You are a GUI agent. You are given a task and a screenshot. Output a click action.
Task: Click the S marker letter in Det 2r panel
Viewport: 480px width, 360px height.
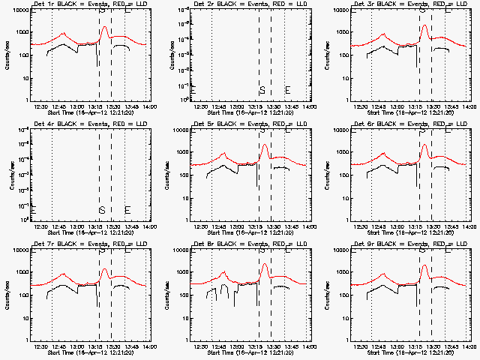(262, 90)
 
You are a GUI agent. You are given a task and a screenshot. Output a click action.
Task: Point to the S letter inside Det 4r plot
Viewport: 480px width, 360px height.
(101, 209)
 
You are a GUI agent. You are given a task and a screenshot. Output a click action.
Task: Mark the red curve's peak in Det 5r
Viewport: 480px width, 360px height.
(265, 145)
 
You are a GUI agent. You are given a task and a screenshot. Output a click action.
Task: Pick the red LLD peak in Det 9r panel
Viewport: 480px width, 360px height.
(424, 265)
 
